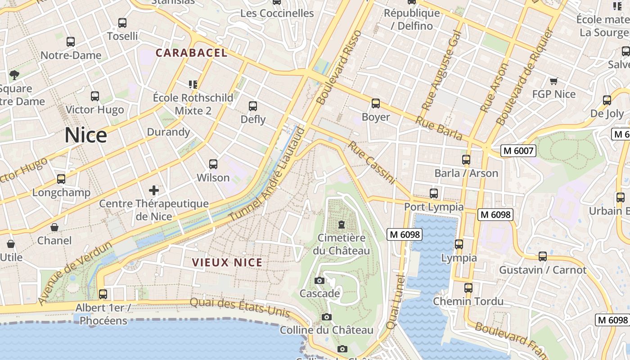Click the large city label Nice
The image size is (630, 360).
[85, 135]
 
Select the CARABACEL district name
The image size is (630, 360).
[191, 53]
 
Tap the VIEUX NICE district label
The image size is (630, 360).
[227, 262]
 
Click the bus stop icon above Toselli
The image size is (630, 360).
[122, 23]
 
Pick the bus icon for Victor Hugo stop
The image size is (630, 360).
[94, 96]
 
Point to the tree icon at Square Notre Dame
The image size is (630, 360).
[14, 75]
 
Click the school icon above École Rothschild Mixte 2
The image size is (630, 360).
[193, 84]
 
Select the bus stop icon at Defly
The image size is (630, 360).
[253, 106]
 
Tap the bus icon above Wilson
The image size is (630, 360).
[213, 164]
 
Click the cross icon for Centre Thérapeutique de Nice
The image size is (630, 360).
[154, 190]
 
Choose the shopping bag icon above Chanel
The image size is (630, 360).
[54, 227]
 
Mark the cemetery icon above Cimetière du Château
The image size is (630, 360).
[342, 224]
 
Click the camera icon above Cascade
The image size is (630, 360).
[319, 281]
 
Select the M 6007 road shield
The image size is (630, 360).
[518, 151]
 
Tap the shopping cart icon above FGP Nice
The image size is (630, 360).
[553, 81]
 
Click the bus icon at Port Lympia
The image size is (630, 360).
[434, 193]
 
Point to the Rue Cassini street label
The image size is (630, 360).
[372, 163]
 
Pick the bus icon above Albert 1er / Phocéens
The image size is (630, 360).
[103, 294]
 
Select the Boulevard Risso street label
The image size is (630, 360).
[339, 67]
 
